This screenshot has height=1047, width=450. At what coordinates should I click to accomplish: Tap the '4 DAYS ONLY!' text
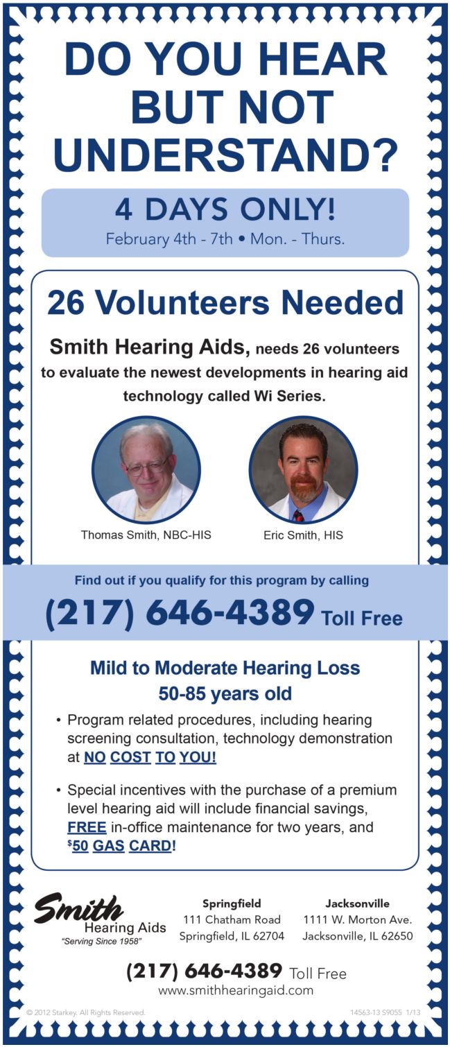(225, 210)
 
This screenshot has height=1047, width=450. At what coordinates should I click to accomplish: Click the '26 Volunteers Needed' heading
(225, 303)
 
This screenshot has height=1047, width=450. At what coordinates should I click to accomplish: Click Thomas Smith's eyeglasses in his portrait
(146, 464)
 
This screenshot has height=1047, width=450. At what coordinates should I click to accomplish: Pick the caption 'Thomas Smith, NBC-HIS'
(146, 535)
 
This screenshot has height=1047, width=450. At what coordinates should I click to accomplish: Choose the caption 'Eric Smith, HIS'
(303, 535)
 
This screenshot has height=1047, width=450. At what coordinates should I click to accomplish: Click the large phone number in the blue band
(180, 613)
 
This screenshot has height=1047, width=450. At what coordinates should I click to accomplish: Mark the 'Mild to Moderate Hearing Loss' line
(225, 668)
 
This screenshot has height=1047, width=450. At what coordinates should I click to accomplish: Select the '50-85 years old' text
(225, 693)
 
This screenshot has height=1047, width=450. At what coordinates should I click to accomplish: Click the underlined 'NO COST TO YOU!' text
(150, 757)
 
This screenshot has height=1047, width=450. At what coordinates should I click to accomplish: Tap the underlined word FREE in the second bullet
(87, 827)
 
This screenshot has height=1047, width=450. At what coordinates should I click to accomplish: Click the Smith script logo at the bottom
(78, 908)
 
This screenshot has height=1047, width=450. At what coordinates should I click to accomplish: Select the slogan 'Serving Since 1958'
(102, 942)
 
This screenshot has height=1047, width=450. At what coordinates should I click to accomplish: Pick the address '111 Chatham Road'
(232, 920)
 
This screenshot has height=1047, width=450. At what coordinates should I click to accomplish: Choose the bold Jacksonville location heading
(357, 903)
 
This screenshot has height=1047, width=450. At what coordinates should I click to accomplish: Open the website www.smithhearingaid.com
(235, 991)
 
